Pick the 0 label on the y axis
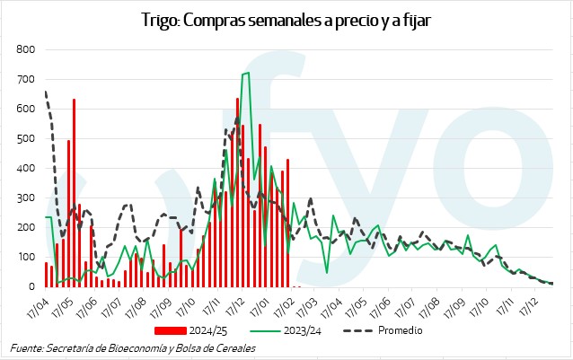pyautogui.click(x=31, y=286)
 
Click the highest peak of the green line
pyautogui.click(x=247, y=73)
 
